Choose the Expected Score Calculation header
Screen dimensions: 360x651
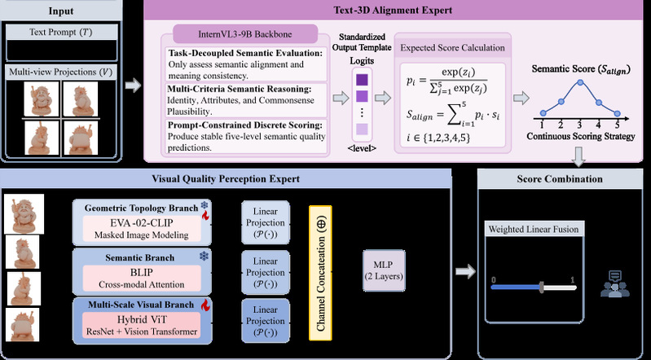451,47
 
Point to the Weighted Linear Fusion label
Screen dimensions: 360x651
533,230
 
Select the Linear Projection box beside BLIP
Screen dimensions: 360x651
264,273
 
